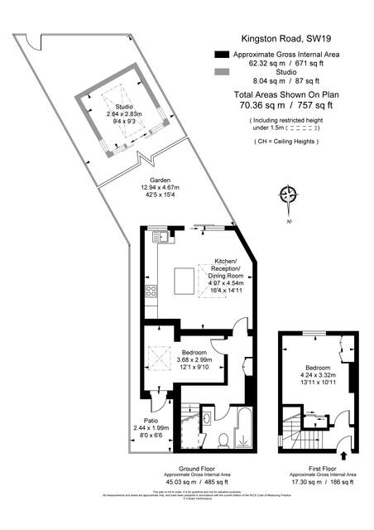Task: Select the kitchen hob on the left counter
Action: click(151, 291)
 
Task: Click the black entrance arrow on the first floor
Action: click(344, 454)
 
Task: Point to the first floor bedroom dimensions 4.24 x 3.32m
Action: click(319, 375)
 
